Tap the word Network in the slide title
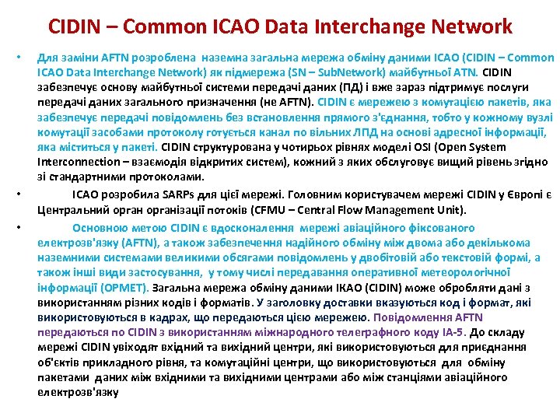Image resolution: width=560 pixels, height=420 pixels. pos(468,26)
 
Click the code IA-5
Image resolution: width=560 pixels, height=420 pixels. pos(450,332)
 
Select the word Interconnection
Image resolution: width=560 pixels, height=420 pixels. pos(73,162)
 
